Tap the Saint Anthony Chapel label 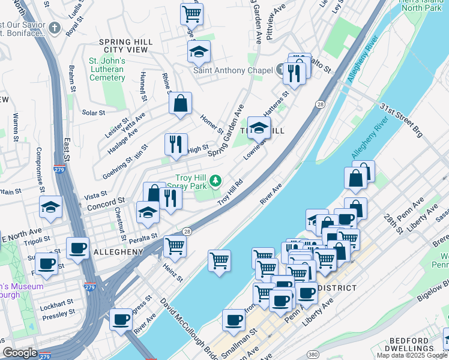pos(232,71)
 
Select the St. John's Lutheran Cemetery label pos(107,69)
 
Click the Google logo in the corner pos(20,353)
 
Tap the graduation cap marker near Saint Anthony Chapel pos(199,52)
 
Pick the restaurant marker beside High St pos(176,145)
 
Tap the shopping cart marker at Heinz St pos(175,245)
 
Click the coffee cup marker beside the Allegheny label pos(77,248)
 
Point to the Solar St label pos(94,112)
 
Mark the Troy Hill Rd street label pos(230,192)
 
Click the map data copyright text pos(411,355)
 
